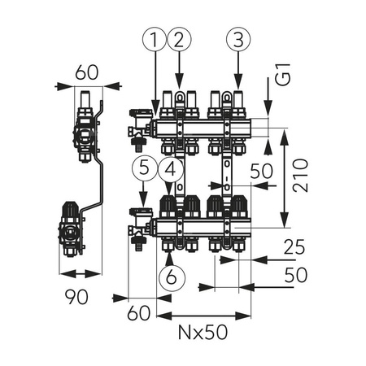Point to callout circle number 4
[x=170, y=169]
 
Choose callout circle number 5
[x=142, y=169]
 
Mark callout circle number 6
[x=170, y=277]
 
